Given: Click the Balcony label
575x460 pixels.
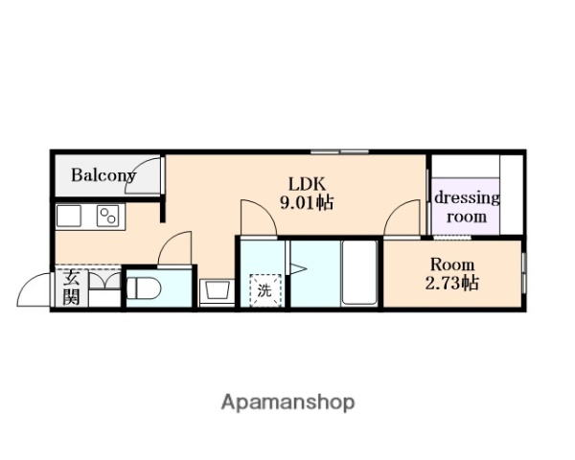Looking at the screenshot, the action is tap(103, 175).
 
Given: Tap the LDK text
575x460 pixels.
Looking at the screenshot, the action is tap(307, 184).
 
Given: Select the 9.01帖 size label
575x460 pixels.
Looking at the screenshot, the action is tap(307, 202).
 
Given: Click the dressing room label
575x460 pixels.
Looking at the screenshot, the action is tap(467, 207).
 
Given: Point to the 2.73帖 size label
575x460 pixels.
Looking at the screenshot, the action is tap(451, 283).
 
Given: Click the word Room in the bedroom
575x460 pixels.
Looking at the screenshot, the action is tap(452, 264).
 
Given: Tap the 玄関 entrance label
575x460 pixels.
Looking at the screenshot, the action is tap(71, 287).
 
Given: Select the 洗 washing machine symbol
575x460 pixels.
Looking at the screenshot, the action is tap(265, 290).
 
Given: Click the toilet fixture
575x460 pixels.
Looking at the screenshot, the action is tap(144, 288).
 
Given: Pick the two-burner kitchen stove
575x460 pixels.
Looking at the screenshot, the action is tap(108, 216).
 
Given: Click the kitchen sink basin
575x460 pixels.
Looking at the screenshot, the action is tap(69, 216).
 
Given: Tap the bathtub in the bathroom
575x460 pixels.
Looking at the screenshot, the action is tap(359, 272).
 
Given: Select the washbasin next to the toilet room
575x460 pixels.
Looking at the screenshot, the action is tap(218, 291).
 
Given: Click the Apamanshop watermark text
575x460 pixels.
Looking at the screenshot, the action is tap(287, 402).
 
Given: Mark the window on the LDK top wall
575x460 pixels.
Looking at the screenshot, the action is tap(339, 151).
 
